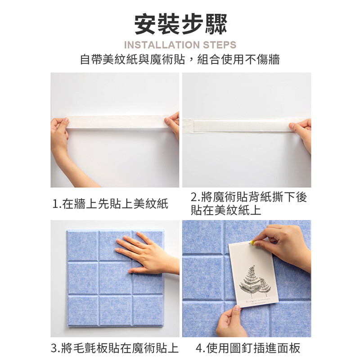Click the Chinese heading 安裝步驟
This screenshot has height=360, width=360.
click(x=180, y=24)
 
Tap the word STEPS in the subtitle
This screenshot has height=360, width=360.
click(x=220, y=45)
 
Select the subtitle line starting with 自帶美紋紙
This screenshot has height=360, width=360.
click(x=180, y=59)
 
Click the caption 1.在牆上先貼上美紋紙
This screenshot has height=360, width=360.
click(x=110, y=204)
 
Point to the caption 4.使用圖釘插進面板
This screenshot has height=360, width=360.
click(x=248, y=348)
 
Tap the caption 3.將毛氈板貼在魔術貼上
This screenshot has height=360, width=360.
click(x=115, y=348)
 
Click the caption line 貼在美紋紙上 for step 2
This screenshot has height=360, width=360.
click(x=226, y=210)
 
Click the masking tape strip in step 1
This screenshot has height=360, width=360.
click(x=117, y=122)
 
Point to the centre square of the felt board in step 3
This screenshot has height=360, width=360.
click(x=116, y=278)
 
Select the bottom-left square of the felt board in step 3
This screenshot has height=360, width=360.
click(x=83, y=310)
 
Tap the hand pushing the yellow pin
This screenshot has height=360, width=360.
click(x=285, y=246)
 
